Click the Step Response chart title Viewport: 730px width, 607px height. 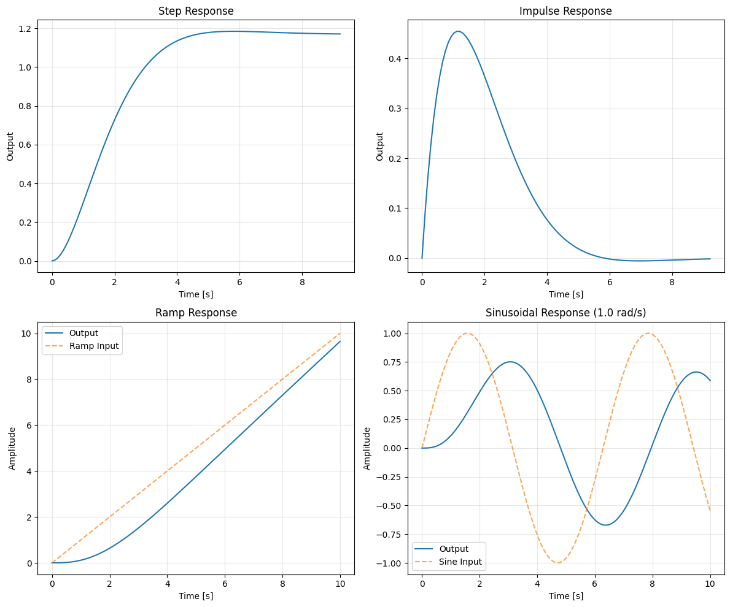[196, 11]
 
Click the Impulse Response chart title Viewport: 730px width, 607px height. [565, 11]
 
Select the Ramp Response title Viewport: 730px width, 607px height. [196, 313]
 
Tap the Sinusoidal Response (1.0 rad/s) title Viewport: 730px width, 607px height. [565, 313]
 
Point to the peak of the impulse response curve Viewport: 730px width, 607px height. [457, 31]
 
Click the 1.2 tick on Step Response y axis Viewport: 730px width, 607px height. [27, 29]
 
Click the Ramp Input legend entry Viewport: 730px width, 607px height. [94, 346]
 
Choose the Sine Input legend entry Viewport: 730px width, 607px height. [459, 562]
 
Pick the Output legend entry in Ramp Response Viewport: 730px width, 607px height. [83, 334]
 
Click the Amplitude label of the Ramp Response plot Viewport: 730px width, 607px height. [12, 448]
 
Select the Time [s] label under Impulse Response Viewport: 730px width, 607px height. [565, 294]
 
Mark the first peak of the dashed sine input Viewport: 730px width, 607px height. [467, 334]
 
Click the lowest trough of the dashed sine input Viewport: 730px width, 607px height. [558, 563]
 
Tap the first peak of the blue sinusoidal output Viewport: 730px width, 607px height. [510, 362]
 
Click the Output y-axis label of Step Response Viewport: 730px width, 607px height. [10, 147]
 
